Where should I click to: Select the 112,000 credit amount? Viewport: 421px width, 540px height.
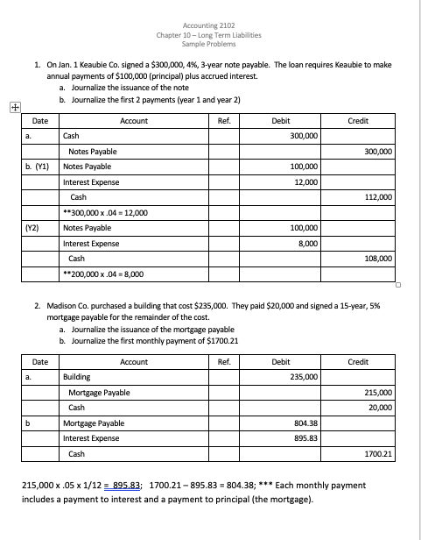click(377, 197)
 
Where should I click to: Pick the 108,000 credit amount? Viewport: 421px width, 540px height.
click(377, 259)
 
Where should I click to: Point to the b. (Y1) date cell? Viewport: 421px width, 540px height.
click(37, 167)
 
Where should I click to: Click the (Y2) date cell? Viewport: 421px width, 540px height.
click(31, 228)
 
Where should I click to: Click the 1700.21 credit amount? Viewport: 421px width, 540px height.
click(378, 455)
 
